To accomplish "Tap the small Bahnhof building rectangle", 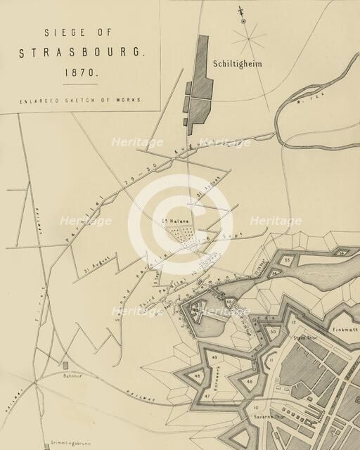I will [65, 366].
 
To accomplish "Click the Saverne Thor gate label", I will [269, 416].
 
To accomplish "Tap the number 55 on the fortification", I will [288, 259].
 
